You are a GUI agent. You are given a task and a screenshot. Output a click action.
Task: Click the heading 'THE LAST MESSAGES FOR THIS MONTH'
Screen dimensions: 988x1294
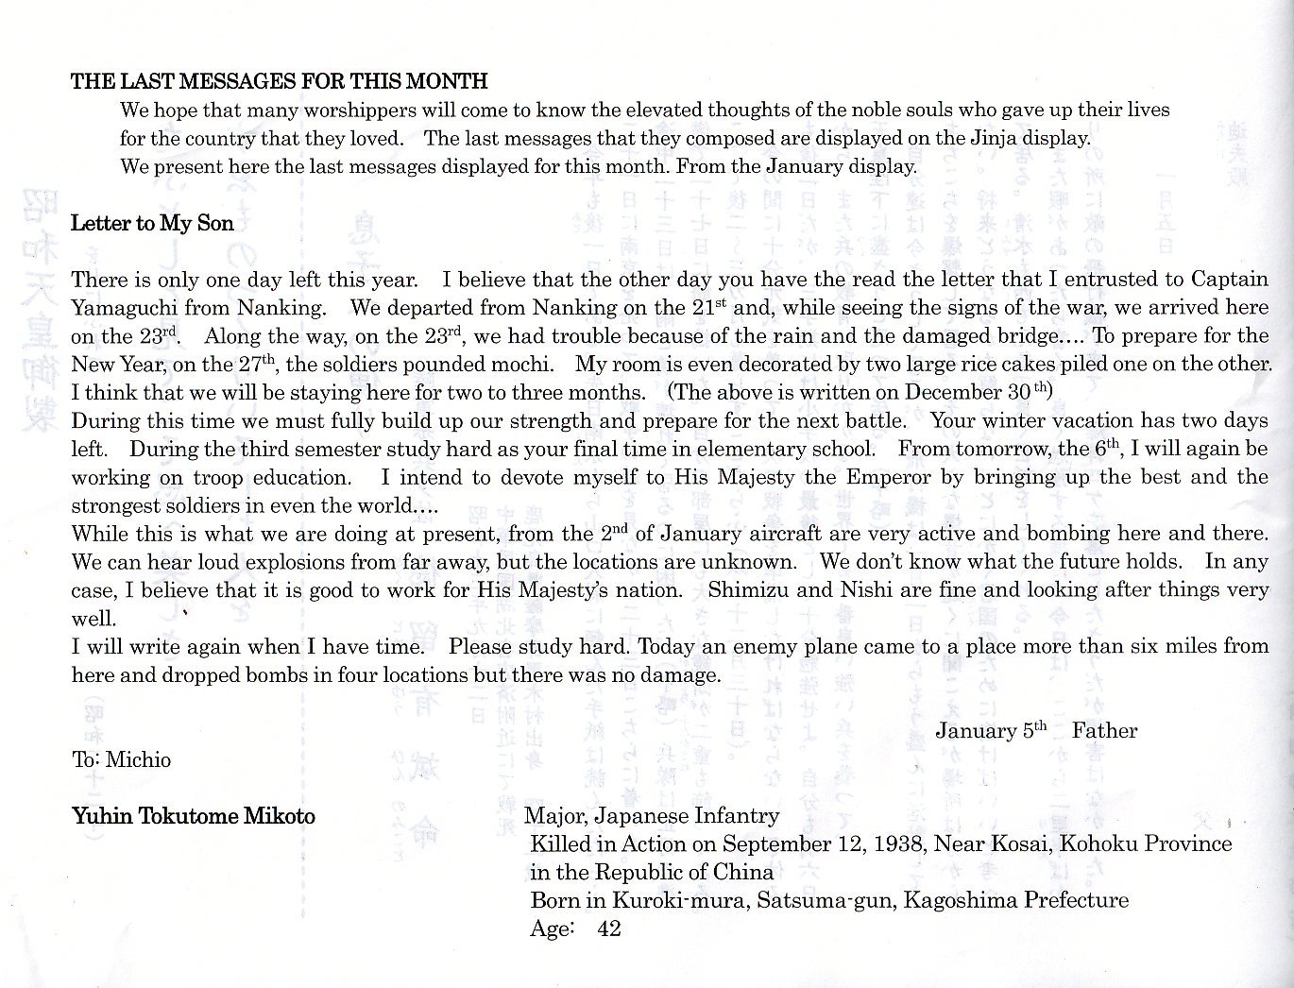280,81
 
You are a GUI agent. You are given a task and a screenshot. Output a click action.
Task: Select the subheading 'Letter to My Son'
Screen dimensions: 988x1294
152,224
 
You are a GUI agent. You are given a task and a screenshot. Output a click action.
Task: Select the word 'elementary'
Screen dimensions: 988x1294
749,449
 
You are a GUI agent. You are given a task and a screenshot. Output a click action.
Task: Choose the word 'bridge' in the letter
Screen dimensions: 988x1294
1026,336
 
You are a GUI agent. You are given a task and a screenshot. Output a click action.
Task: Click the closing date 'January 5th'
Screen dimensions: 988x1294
991,730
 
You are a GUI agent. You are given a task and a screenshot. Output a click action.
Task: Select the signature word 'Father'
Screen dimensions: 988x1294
1104,730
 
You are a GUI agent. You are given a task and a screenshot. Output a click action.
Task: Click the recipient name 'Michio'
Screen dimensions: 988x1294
138,759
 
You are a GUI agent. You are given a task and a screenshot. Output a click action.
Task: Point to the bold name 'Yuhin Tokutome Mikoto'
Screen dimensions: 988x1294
194,816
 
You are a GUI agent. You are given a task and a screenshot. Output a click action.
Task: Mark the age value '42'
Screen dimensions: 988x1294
609,928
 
